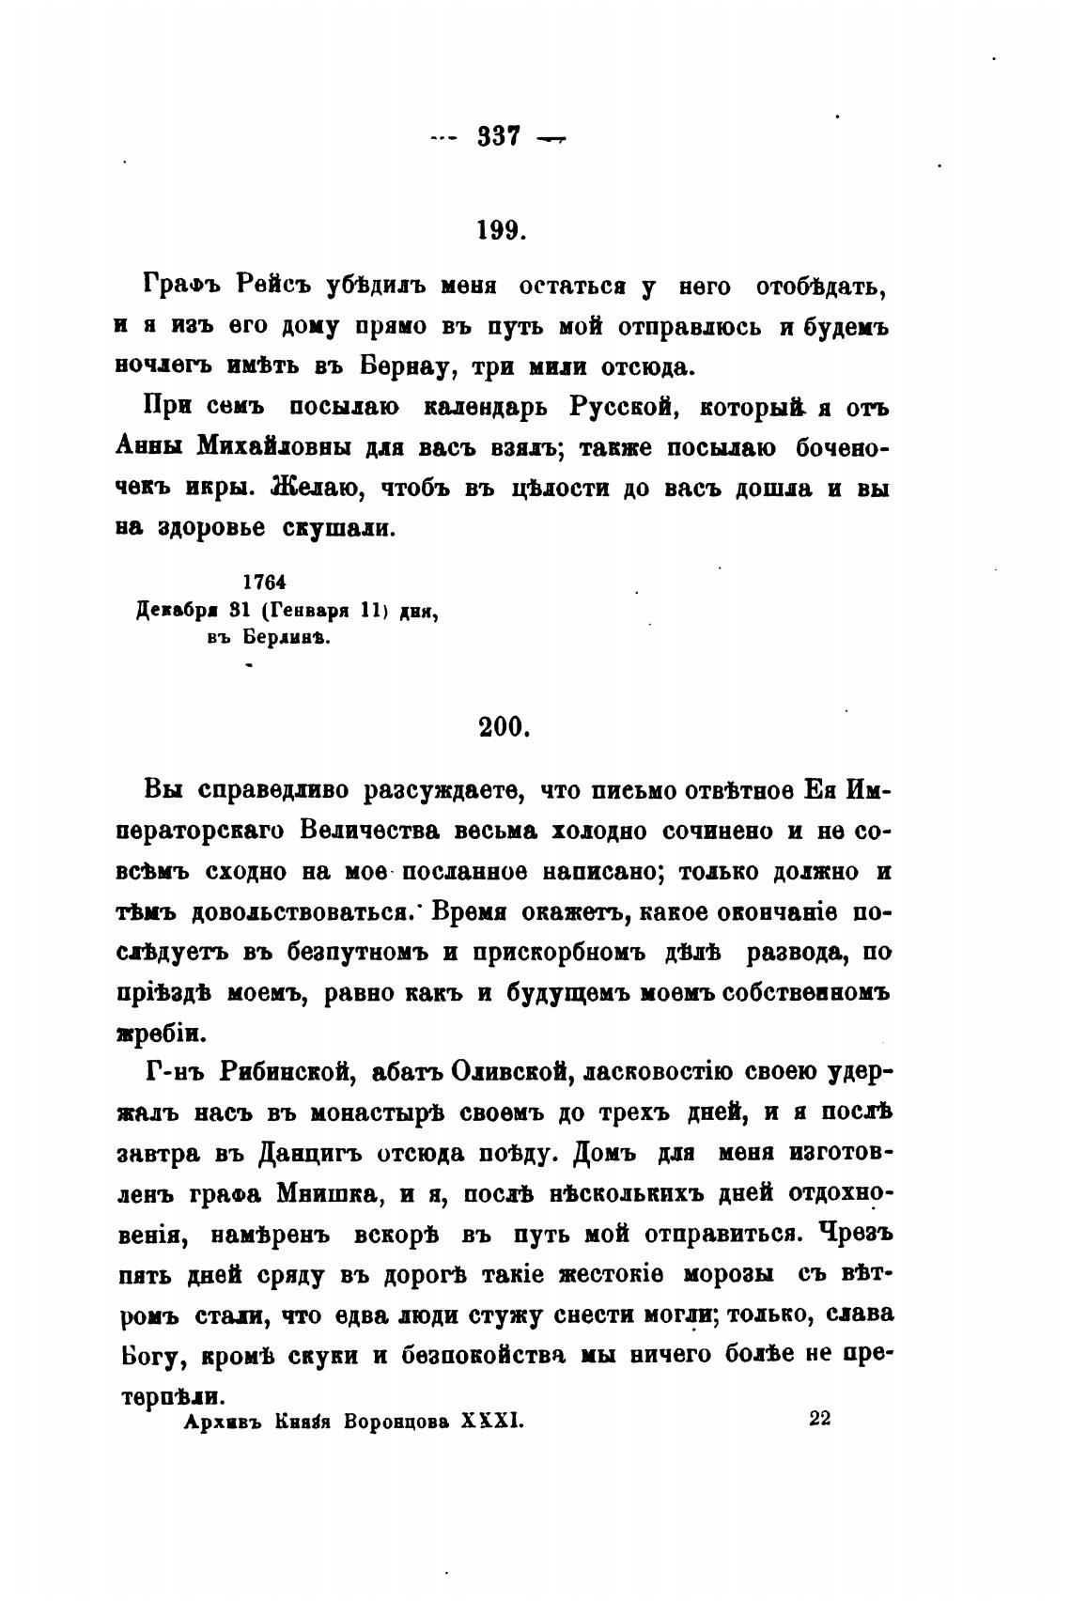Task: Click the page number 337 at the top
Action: coord(498,137)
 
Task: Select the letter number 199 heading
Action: coord(500,230)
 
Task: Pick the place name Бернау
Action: coord(411,366)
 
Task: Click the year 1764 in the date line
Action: coord(264,583)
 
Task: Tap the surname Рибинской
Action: coord(285,1071)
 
